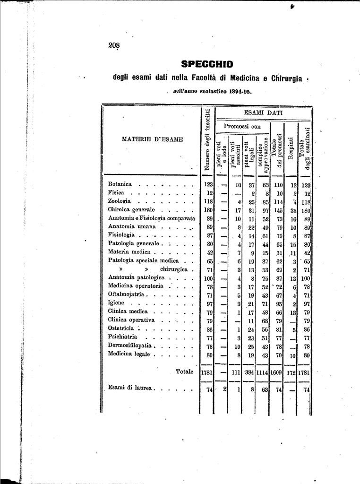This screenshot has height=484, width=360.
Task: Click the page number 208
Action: (114, 45)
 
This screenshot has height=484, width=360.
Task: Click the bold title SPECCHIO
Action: (207, 64)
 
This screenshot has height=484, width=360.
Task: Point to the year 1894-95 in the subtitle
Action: (236, 92)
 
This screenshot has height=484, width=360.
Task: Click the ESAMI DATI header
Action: (263, 113)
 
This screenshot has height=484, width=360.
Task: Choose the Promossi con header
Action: (242, 127)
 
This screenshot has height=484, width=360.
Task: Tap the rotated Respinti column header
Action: (291, 148)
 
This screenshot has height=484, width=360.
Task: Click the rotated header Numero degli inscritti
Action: (207, 140)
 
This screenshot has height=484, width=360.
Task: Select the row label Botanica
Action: (120, 184)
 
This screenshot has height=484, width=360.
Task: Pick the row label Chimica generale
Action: (131, 209)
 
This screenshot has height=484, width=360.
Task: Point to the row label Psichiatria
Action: (123, 337)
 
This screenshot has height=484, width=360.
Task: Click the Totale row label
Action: (184, 372)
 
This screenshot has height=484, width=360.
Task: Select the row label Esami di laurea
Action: (131, 388)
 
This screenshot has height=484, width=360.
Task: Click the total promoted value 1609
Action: (276, 373)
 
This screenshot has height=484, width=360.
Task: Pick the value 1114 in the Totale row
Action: (262, 373)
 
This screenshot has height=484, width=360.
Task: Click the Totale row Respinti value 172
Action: (291, 373)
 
